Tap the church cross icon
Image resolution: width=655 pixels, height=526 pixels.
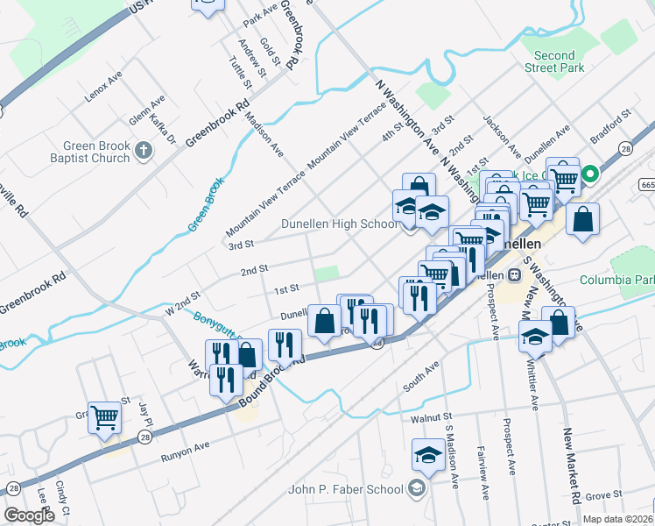[144, 153]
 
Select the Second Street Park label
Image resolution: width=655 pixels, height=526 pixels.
[554, 61]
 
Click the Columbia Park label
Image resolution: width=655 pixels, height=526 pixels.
[617, 281]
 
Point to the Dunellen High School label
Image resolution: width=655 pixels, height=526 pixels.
[340, 224]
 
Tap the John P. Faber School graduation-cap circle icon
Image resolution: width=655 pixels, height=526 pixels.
[418, 488]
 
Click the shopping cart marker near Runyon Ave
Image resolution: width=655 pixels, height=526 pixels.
[104, 417]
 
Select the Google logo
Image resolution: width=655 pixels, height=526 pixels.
[29, 515]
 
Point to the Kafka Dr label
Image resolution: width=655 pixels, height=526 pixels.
[163, 128]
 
